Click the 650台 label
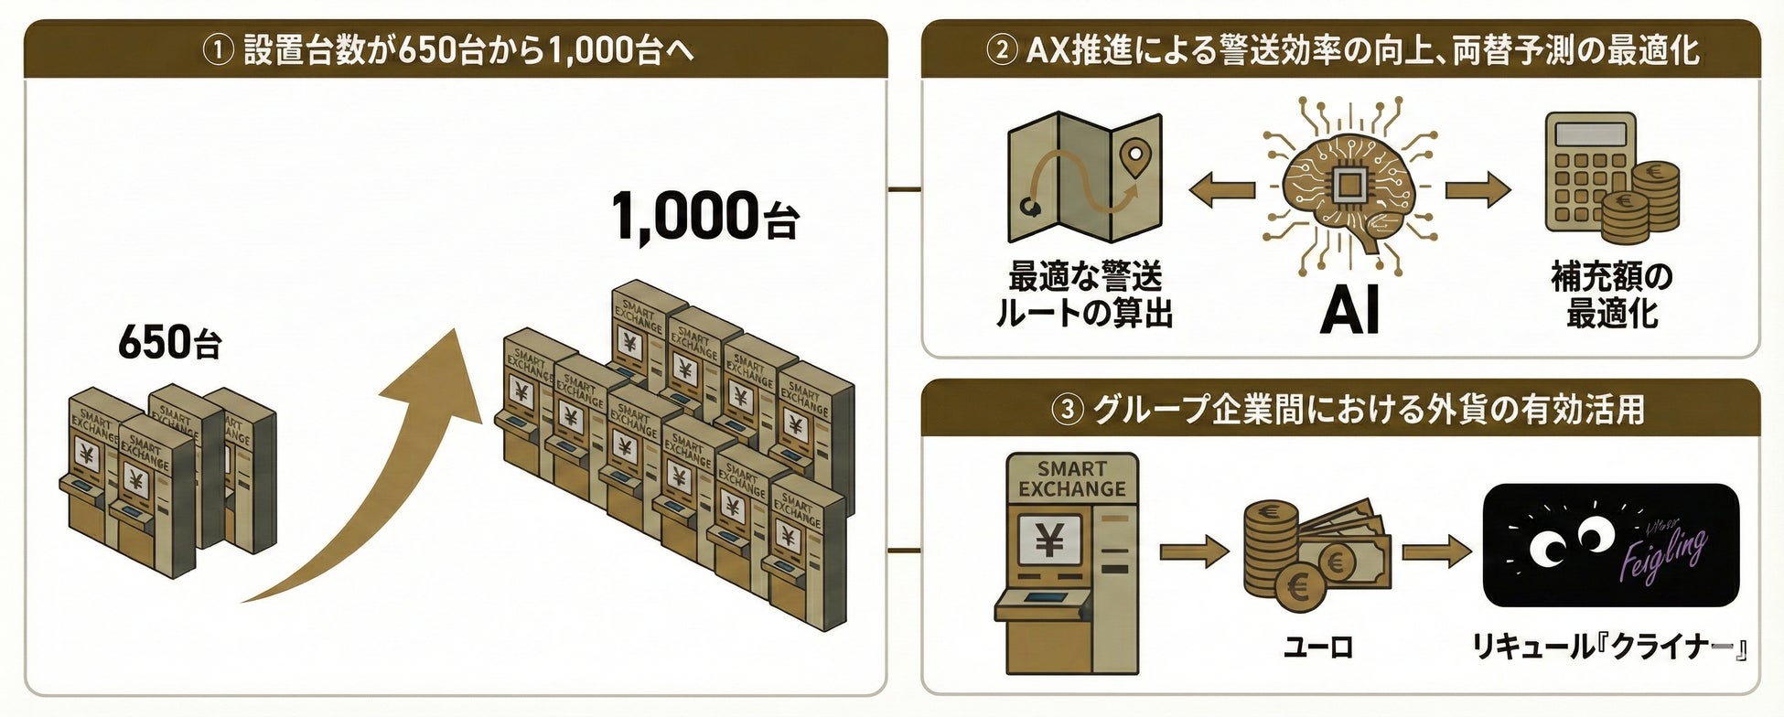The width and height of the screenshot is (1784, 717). click(x=170, y=343)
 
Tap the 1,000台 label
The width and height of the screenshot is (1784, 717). click(x=704, y=218)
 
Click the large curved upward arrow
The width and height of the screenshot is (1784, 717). click(x=384, y=476)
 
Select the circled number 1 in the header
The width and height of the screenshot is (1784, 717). click(x=218, y=49)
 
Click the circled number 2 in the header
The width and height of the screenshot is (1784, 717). click(x=1002, y=49)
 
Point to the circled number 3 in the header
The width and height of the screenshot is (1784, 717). click(x=1067, y=410)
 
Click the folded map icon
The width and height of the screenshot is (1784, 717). click(x=1084, y=178)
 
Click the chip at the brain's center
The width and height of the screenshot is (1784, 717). click(x=1348, y=186)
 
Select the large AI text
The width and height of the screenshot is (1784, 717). click(x=1349, y=312)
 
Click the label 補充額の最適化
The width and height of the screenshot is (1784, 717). click(x=1612, y=294)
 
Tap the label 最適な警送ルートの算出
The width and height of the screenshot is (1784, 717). click(x=1084, y=294)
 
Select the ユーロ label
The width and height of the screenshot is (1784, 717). click(x=1317, y=647)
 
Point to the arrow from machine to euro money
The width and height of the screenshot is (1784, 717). click(x=1194, y=551)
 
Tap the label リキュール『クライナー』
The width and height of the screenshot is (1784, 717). click(x=1610, y=647)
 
